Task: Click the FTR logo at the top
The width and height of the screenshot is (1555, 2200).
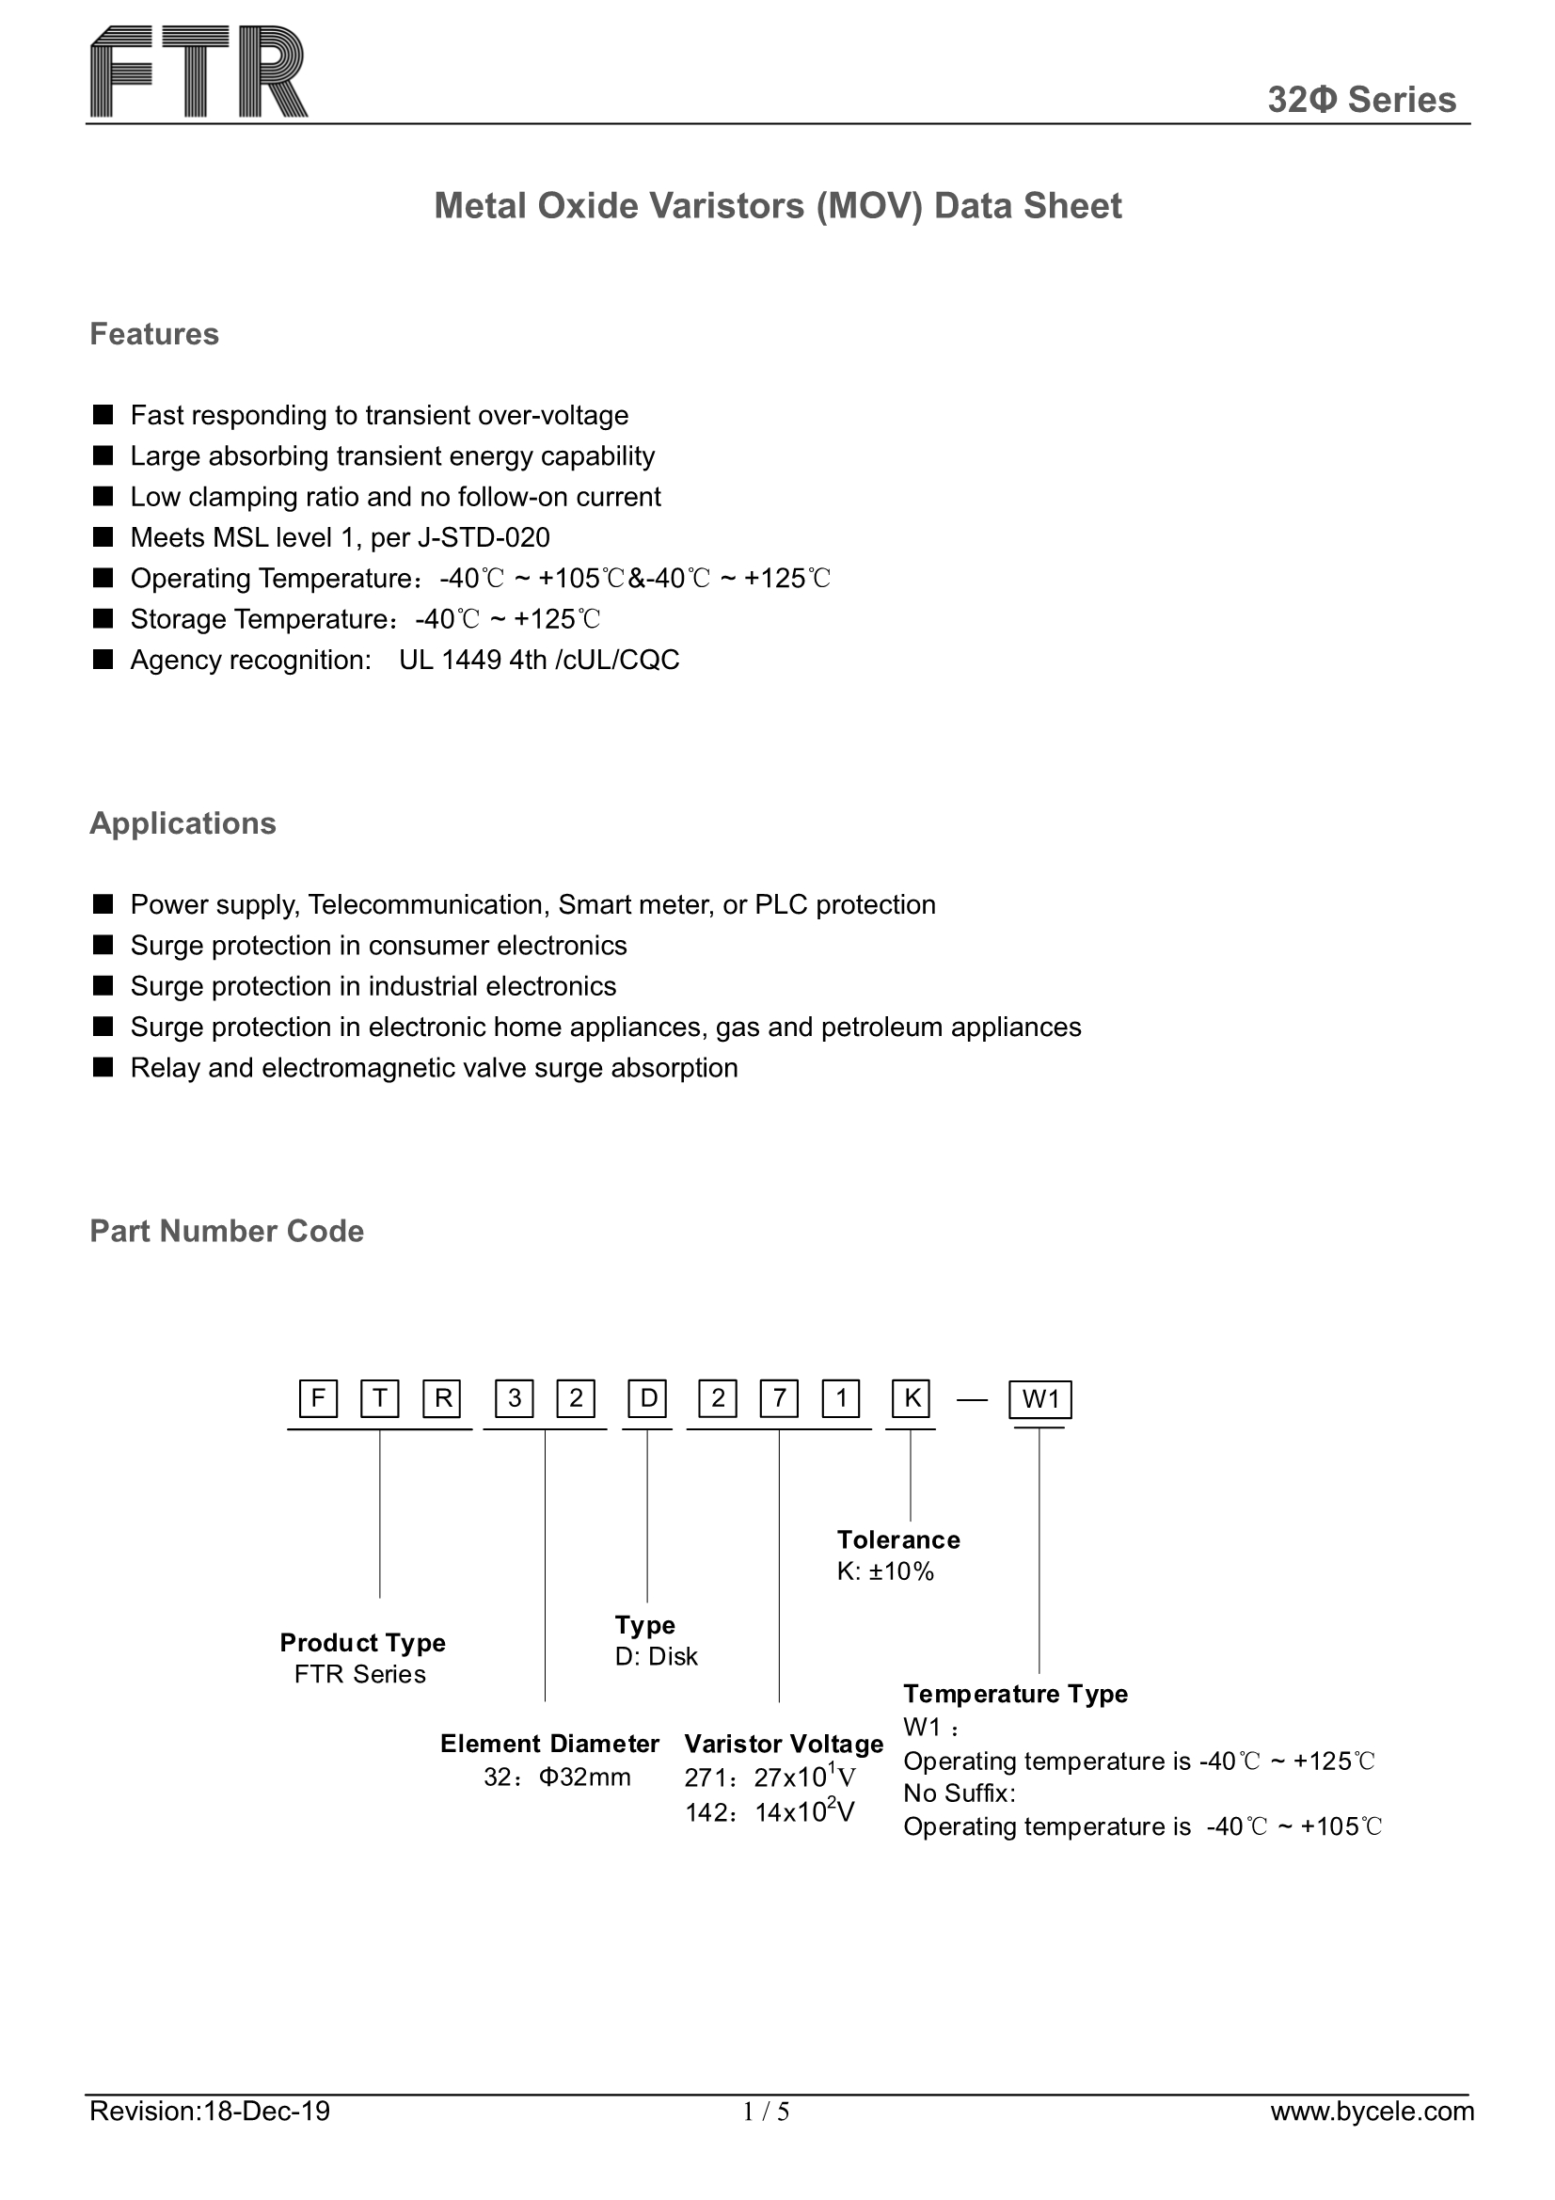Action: (199, 72)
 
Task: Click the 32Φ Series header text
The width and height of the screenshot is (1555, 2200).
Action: (1360, 100)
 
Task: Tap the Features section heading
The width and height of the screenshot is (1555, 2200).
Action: (154, 334)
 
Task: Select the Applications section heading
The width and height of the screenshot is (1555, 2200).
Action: (182, 823)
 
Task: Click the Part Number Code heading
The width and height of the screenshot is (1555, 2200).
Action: (226, 1232)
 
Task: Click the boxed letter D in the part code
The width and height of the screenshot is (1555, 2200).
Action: (647, 1399)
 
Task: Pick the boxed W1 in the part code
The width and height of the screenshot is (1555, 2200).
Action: (1039, 1400)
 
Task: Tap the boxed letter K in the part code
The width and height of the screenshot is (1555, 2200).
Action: (912, 1399)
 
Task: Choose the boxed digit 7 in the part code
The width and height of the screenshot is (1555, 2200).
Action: (779, 1399)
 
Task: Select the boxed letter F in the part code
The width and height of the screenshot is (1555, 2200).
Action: (317, 1399)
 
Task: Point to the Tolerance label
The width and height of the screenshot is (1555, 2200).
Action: (897, 1539)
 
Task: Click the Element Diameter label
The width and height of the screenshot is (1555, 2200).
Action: (549, 1743)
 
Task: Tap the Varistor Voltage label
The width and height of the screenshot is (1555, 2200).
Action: (783, 1744)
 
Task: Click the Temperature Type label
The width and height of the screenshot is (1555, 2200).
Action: (1015, 1694)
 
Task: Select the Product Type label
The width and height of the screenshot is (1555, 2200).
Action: (362, 1642)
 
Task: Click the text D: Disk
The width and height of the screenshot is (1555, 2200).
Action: (657, 1657)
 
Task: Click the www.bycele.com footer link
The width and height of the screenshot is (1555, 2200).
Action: (1371, 2138)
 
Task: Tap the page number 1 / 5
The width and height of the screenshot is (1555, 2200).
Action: (767, 2139)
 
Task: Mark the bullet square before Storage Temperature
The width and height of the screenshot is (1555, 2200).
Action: (103, 619)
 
